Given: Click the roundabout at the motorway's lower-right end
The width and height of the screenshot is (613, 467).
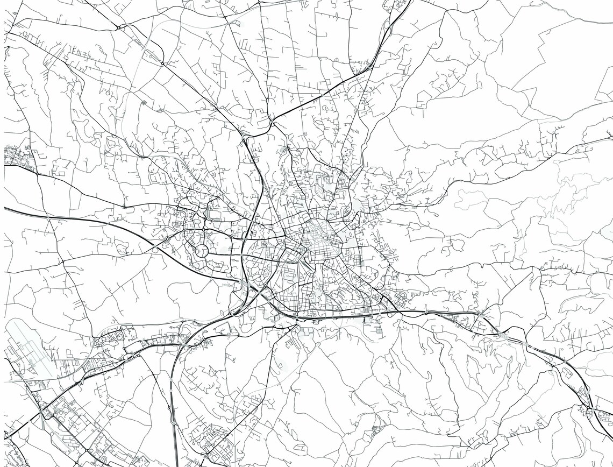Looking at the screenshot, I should (591, 413).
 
